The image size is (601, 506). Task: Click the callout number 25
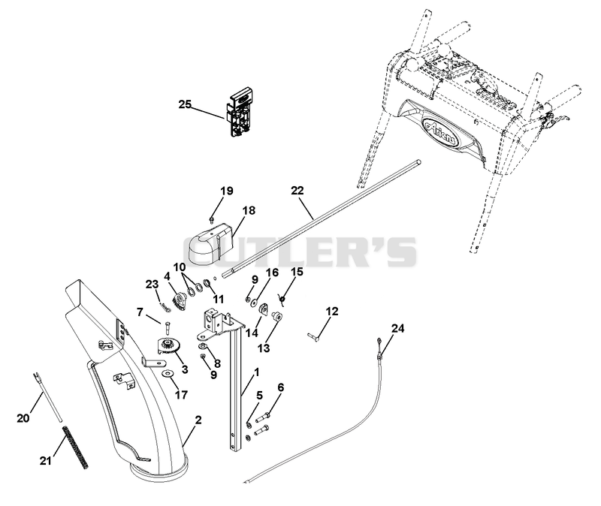185,104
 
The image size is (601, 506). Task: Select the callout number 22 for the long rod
297,191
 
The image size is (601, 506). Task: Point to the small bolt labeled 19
211,219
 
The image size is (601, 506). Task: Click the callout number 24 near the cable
397,328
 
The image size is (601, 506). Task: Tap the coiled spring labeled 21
76,448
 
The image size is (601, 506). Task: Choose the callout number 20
23,418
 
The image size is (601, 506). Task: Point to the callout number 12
332,312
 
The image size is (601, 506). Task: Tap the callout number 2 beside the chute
198,420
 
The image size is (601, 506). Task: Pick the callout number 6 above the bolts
280,387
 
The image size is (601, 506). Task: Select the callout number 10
179,267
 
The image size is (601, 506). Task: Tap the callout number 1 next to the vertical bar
256,372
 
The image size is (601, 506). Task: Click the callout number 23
152,285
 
